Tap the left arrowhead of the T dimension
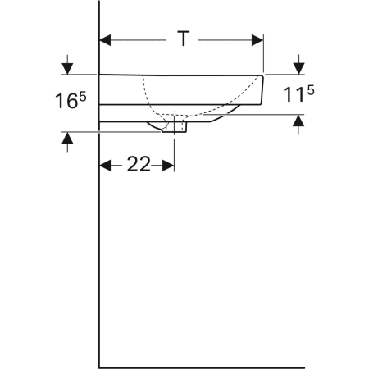click(x=105, y=39)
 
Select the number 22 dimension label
click(x=138, y=165)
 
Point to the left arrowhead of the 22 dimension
click(x=105, y=165)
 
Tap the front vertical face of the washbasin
click(x=262, y=90)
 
